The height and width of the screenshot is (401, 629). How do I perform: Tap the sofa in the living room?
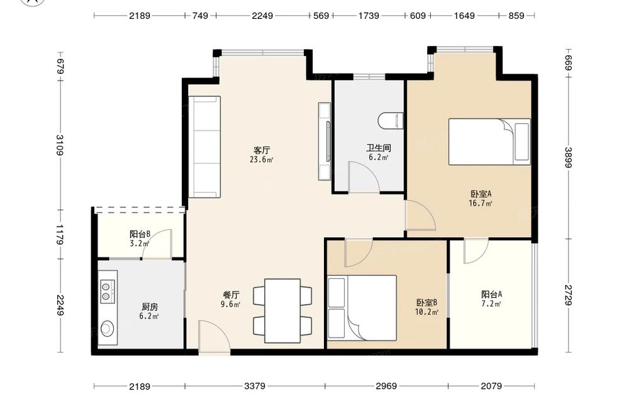pyautogui.click(x=204, y=147)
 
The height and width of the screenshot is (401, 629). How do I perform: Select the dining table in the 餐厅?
pyautogui.click(x=282, y=311)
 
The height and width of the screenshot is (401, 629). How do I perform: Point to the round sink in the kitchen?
pyautogui.click(x=107, y=328)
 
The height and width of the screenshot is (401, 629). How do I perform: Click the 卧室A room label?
pyautogui.click(x=481, y=194)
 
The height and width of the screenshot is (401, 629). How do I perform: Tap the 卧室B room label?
pyautogui.click(x=426, y=302)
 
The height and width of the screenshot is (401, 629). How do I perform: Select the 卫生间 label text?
pyautogui.click(x=379, y=148)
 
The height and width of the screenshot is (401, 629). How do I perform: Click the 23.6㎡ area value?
pyautogui.click(x=262, y=160)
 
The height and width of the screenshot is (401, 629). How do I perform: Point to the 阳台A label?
pyautogui.click(x=492, y=294)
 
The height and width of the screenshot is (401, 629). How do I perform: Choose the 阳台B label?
pyautogui.click(x=140, y=234)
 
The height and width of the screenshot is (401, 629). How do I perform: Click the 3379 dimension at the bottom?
pyautogui.click(x=255, y=386)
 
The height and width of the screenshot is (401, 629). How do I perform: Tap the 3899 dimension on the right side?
pyautogui.click(x=569, y=157)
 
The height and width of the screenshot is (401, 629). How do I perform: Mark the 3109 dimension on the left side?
pyautogui.click(x=60, y=145)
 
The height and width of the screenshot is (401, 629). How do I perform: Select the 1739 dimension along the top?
pyautogui.click(x=369, y=16)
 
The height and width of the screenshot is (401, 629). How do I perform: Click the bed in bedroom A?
pyautogui.click(x=489, y=142)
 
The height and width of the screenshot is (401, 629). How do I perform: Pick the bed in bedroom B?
pyautogui.click(x=362, y=308)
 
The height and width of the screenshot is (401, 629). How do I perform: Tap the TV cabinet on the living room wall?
pyautogui.click(x=325, y=141)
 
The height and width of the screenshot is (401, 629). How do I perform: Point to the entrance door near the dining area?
pyautogui.click(x=214, y=337)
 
